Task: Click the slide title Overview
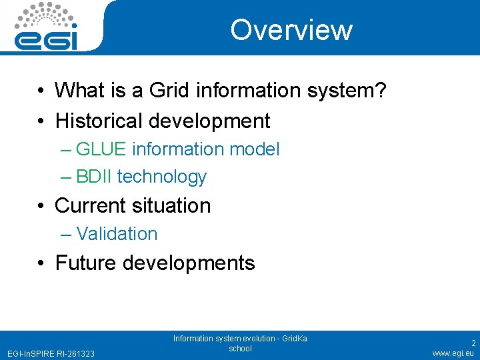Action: pos(291,30)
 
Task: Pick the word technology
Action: pos(161,177)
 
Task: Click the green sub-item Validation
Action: pos(117,234)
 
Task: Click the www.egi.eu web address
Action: pos(453,353)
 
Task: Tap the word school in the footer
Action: pos(240,349)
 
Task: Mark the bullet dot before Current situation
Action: pos(41,206)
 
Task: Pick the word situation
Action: pos(173,205)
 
